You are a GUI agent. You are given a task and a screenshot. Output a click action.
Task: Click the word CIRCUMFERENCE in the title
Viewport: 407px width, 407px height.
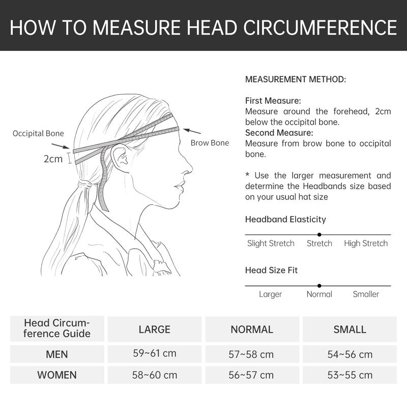(320, 27)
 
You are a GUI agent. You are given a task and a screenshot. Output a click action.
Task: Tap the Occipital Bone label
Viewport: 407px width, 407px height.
(38, 133)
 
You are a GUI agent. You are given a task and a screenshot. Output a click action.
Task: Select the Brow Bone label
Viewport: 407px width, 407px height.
(210, 143)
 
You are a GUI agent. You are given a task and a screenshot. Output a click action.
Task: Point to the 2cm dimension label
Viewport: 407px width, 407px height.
(53, 159)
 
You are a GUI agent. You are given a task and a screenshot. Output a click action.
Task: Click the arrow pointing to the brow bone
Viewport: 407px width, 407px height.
(192, 131)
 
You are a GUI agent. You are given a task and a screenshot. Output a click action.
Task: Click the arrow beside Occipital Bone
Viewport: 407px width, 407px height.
(61, 146)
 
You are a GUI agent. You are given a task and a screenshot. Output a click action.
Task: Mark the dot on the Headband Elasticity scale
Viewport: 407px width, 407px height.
(319, 235)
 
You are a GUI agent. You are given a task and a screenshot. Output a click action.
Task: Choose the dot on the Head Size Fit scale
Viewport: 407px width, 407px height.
(319, 286)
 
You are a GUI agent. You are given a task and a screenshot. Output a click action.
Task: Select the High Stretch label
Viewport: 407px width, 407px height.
(366, 244)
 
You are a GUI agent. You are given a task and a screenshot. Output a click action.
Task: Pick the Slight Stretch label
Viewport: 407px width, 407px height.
(271, 244)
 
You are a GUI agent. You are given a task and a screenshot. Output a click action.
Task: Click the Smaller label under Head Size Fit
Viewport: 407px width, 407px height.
(366, 294)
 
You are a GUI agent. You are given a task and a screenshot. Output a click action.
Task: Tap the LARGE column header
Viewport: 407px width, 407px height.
(155, 329)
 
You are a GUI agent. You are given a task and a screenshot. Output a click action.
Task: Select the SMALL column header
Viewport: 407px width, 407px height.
(350, 329)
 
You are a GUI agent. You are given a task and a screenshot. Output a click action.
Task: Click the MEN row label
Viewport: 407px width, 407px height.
(57, 354)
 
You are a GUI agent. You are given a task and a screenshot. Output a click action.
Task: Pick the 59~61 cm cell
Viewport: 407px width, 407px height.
(155, 353)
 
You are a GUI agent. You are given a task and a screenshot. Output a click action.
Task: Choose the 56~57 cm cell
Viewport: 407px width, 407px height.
(251, 375)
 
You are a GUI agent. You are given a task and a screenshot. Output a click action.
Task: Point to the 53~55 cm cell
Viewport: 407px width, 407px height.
(350, 375)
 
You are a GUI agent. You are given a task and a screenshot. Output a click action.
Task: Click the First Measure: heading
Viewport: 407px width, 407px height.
(273, 101)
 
